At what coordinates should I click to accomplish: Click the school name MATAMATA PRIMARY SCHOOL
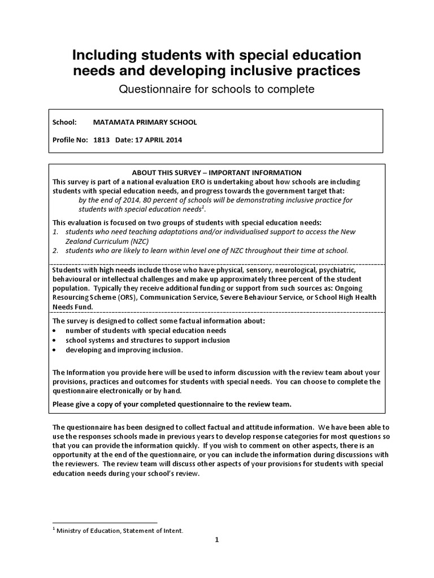point(145,122)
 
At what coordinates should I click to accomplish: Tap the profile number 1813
point(102,139)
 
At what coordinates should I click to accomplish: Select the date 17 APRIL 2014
point(157,139)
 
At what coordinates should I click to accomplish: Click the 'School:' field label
point(64,122)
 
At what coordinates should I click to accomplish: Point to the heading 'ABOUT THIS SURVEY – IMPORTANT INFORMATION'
point(216,173)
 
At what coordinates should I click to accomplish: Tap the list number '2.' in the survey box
point(55,250)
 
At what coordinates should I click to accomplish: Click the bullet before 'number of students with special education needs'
point(54,331)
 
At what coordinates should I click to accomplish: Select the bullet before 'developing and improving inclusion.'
point(54,350)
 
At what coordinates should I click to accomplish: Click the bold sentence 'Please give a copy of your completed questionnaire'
point(172,404)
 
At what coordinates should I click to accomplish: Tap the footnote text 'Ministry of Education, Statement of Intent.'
point(119,531)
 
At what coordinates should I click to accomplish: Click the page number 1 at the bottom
point(216,540)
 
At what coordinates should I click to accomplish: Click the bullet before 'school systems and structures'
point(54,340)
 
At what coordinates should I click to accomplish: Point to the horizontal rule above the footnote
point(105,523)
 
